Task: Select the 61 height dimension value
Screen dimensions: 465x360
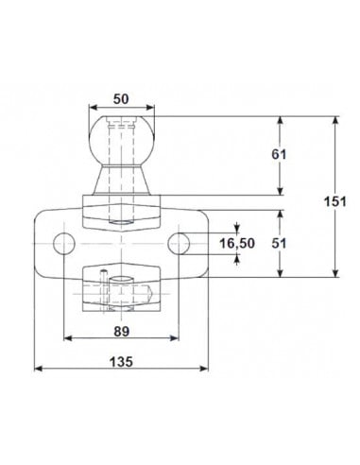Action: (x=278, y=154)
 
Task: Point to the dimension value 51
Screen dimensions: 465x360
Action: (x=278, y=242)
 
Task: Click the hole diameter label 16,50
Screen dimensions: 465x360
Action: (x=235, y=244)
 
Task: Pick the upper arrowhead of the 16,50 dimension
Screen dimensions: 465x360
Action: (x=236, y=229)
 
